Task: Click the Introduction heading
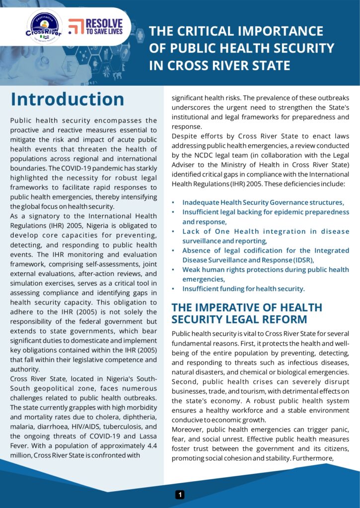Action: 68,99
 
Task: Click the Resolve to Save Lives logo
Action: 96,26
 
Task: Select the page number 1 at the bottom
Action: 180,495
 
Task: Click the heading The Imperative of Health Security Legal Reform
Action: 247,313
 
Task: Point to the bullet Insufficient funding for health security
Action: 243,288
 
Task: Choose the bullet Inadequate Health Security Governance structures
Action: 263,202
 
